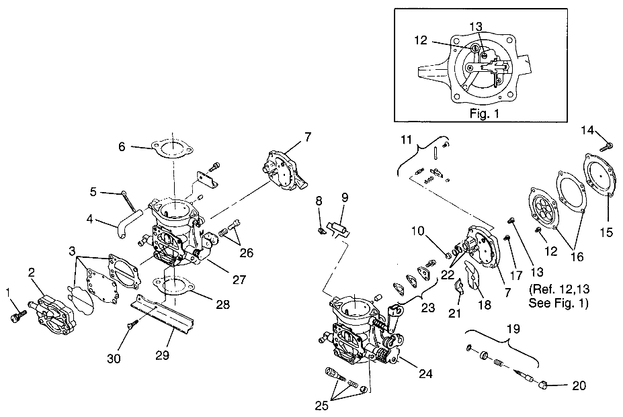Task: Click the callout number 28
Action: (x=222, y=304)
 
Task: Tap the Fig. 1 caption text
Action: (x=484, y=114)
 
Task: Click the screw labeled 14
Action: (x=605, y=145)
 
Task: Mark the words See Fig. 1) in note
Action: (x=558, y=303)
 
